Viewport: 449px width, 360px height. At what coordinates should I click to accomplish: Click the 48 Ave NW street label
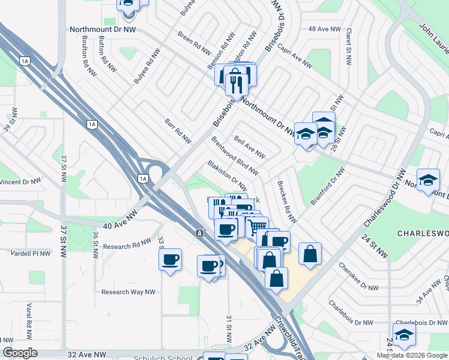tap(324, 29)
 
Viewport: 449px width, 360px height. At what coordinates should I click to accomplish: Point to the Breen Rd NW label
tap(194, 40)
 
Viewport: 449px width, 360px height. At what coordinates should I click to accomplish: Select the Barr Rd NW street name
tap(178, 131)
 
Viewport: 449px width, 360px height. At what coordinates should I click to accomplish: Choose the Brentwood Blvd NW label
tap(235, 155)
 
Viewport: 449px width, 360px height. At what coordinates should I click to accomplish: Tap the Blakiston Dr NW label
tap(226, 175)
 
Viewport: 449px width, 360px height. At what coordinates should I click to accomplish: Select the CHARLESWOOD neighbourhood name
tap(423, 233)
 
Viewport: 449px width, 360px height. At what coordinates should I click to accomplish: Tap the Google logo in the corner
tap(20, 353)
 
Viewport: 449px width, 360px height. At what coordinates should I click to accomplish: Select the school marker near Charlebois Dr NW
tap(404, 335)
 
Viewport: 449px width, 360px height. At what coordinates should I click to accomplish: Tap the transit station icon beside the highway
tap(199, 233)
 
